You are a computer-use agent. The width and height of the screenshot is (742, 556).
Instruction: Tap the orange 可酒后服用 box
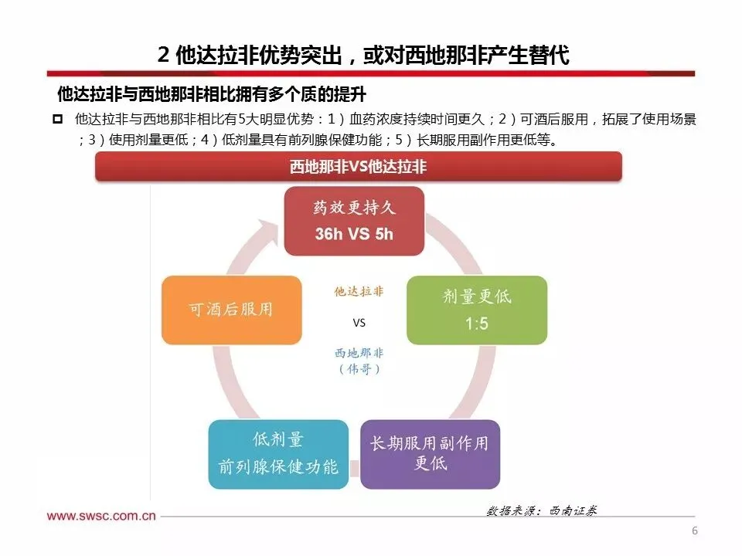coord(231,310)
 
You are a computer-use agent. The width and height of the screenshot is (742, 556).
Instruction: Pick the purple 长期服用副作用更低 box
coord(430,453)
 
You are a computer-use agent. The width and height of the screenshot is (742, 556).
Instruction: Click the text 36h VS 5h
coord(354,234)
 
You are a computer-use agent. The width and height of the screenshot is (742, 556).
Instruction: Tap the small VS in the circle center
coord(359,323)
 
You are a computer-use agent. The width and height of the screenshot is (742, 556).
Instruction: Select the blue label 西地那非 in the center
coord(359,353)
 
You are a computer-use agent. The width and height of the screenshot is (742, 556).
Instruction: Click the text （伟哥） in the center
coord(359,369)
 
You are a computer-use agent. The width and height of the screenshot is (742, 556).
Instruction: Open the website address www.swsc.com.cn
coord(101,516)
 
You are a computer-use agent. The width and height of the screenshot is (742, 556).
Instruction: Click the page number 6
coord(694,531)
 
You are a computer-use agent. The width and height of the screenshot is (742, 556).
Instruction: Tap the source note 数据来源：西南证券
coord(542,511)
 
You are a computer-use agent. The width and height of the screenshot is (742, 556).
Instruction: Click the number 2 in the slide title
coord(162,56)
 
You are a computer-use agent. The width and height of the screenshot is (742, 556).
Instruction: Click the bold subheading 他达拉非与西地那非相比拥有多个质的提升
coord(211,94)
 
